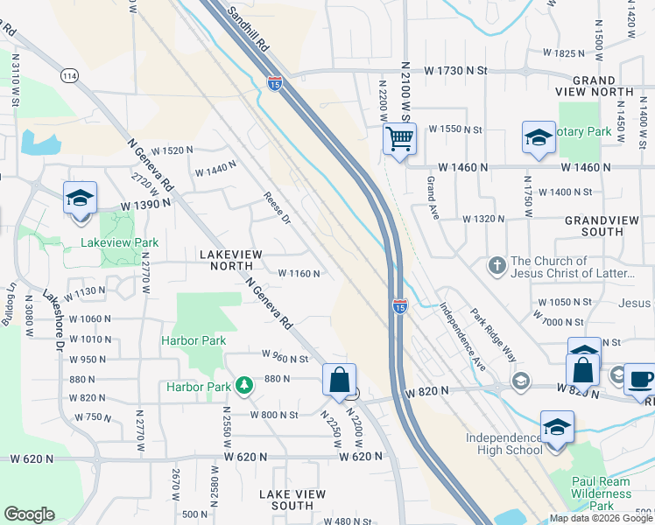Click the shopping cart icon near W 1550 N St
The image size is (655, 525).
399,138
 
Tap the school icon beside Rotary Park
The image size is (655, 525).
539,137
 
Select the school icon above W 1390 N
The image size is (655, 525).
80,198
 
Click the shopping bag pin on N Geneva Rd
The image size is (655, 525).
339,380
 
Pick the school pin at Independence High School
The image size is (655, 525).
557,427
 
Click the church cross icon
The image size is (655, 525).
497,265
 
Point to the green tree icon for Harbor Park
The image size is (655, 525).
243,386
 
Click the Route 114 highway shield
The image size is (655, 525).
69,76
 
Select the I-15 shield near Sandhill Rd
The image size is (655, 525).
275,82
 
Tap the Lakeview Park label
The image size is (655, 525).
120,242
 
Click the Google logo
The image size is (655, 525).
29,514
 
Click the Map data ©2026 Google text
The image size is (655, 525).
601,519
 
